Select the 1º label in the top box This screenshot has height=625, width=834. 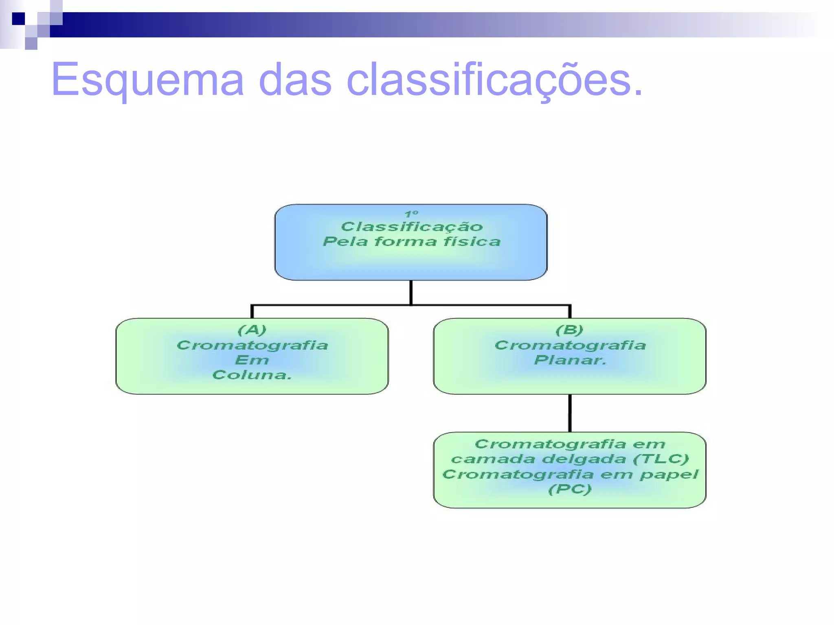pyautogui.click(x=411, y=214)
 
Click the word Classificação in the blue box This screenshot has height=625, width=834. pyautogui.click(x=411, y=227)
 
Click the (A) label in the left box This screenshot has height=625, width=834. pyautogui.click(x=252, y=330)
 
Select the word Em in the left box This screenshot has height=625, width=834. pyautogui.click(x=252, y=360)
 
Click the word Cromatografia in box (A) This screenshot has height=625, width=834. pyautogui.click(x=252, y=345)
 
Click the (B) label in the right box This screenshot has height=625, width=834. pyautogui.click(x=569, y=330)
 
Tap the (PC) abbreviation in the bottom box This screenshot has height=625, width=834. pyautogui.click(x=569, y=489)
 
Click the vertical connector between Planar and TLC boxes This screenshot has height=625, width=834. pyautogui.click(x=570, y=413)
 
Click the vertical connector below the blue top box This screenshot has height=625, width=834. pyautogui.click(x=411, y=292)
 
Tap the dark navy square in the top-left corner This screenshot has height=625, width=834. pyautogui.click(x=18, y=19)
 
